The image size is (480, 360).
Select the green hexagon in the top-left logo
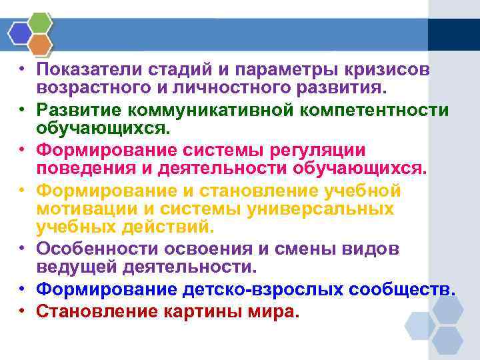(x=41, y=23)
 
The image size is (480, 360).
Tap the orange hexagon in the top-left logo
(x=41, y=44)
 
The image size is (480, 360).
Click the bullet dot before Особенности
(x=23, y=249)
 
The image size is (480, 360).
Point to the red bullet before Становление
(x=23, y=310)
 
